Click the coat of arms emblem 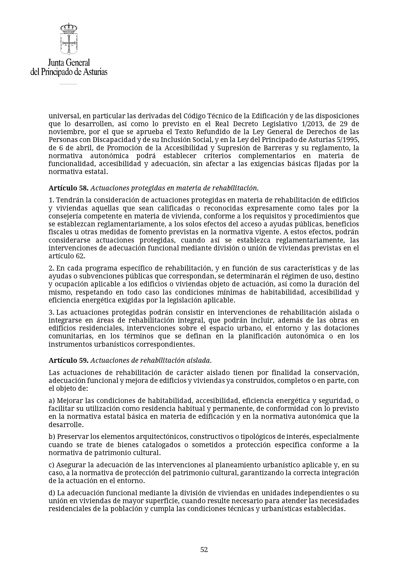68,39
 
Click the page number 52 204,549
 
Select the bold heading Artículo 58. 68,188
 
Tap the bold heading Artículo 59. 68,360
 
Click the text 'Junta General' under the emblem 69,63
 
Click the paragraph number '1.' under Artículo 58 51,200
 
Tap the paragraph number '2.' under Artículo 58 51,268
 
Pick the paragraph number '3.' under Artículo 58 51,312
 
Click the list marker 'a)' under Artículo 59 52,400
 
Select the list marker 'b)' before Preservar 52,437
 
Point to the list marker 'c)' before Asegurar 52,465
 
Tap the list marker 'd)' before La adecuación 52,493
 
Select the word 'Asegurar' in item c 71,465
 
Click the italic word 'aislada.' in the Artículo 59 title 199,360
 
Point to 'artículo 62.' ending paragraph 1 67,256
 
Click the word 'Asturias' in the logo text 94,72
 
